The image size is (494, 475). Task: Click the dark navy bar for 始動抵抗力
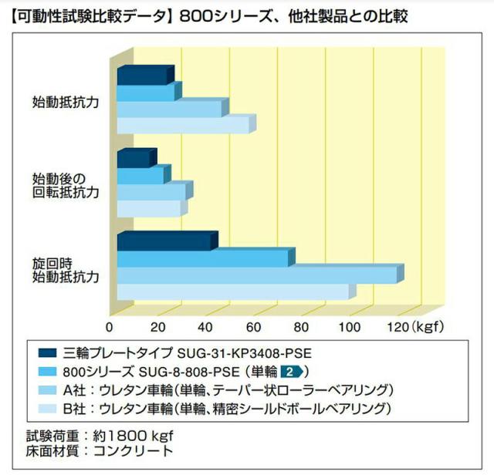[146, 75]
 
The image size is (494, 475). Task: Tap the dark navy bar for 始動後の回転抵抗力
[137, 158]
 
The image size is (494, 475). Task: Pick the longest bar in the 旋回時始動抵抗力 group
[261, 274]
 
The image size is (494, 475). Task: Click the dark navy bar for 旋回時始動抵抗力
[167, 241]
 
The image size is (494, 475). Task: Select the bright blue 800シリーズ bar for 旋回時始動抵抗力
[206, 258]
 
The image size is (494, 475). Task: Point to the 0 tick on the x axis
[110, 328]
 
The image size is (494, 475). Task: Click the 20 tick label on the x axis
[157, 328]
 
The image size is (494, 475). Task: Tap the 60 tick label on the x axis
[254, 328]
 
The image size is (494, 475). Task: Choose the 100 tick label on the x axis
[350, 328]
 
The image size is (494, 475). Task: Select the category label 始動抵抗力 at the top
[66, 103]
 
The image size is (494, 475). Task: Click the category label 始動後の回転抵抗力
[66, 186]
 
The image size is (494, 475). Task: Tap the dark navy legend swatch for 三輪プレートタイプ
[47, 353]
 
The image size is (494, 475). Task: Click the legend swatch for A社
[47, 390]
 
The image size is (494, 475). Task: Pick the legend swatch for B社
[47, 409]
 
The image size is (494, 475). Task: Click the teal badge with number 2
[292, 372]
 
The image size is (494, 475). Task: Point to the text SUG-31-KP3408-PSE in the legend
[245, 353]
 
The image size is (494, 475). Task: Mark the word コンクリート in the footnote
[134, 451]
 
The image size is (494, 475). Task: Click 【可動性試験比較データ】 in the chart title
[90, 16]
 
